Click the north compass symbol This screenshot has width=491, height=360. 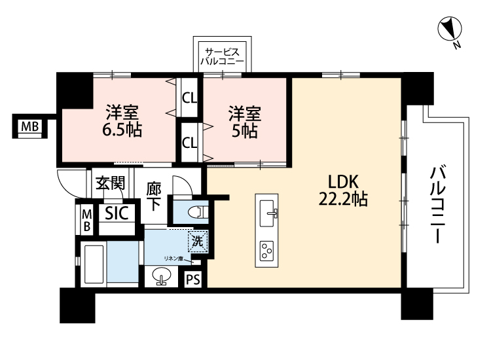click(x=450, y=29)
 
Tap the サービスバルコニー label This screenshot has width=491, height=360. click(x=222, y=56)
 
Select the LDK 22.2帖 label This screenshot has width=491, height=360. click(x=343, y=190)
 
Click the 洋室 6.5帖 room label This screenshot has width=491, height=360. click(x=122, y=120)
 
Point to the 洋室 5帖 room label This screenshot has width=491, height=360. click(x=245, y=122)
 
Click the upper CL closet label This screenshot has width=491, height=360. click(x=189, y=99)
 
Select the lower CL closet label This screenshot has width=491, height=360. click(x=189, y=143)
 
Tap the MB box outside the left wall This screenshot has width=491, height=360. click(x=29, y=126)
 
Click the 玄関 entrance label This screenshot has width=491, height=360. click(x=110, y=183)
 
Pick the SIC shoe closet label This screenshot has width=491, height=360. click(x=117, y=213)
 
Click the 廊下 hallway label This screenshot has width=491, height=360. click(x=154, y=197)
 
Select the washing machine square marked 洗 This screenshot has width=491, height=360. click(x=198, y=241)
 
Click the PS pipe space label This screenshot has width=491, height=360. click(x=193, y=279)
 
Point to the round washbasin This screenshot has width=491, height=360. click(x=162, y=276)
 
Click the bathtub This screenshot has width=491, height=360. click(x=92, y=264)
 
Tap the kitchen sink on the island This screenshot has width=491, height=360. click(x=268, y=213)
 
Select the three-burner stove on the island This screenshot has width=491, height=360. click(x=267, y=251)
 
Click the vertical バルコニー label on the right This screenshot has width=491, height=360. click(x=439, y=204)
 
